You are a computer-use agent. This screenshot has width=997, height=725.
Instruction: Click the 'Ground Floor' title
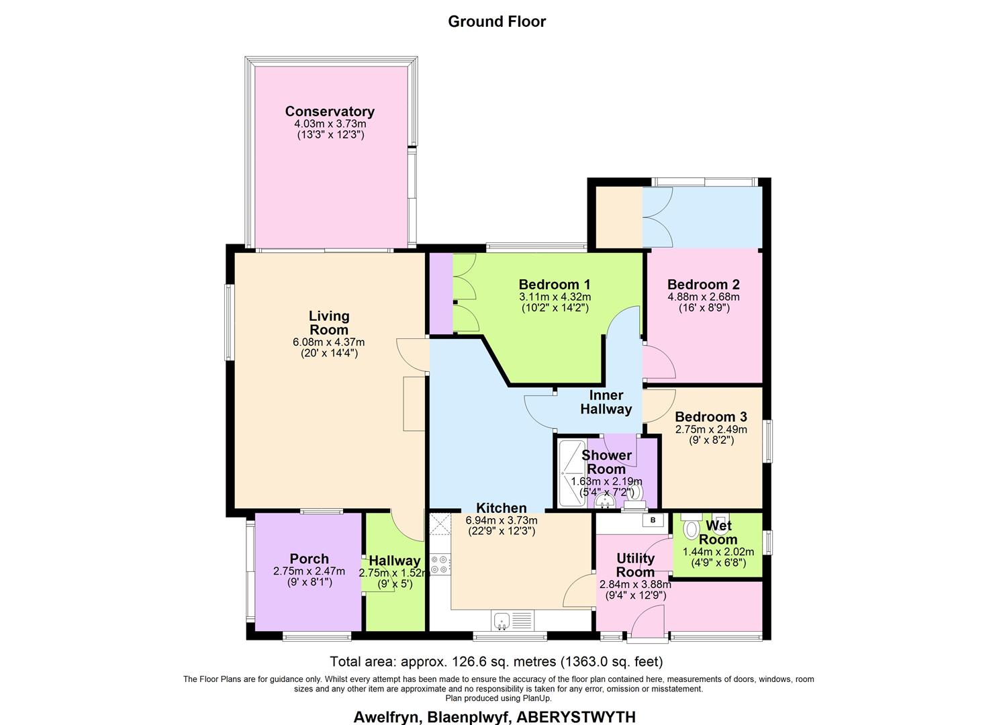[497, 21]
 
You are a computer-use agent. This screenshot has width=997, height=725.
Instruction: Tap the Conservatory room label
[330, 111]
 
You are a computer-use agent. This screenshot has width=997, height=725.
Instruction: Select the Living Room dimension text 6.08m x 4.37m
[329, 342]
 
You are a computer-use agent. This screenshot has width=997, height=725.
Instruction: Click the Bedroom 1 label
[555, 284]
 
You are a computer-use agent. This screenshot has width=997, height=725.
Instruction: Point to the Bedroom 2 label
[703, 284]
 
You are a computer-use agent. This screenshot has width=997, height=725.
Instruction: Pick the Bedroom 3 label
[710, 417]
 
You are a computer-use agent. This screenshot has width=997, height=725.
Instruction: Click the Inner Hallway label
[606, 402]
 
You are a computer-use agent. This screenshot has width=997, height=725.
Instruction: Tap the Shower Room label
[606, 462]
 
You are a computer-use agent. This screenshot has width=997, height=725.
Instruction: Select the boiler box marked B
[653, 520]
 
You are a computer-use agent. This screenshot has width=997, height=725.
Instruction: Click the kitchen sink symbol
[501, 621]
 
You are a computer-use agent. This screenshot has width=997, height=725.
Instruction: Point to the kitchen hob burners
[440, 564]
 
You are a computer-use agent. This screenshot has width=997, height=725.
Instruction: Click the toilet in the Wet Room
[690, 530]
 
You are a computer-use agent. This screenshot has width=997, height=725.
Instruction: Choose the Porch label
[309, 559]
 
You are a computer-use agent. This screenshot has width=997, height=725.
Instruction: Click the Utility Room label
[635, 565]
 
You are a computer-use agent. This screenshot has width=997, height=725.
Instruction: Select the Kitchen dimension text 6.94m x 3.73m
[502, 520]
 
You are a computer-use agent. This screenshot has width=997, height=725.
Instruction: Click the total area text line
[496, 661]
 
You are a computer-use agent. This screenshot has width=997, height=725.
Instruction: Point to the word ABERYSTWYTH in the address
[577, 716]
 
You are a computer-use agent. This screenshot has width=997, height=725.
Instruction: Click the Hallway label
[395, 561]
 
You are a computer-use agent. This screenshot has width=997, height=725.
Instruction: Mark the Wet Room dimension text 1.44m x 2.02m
[718, 552]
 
